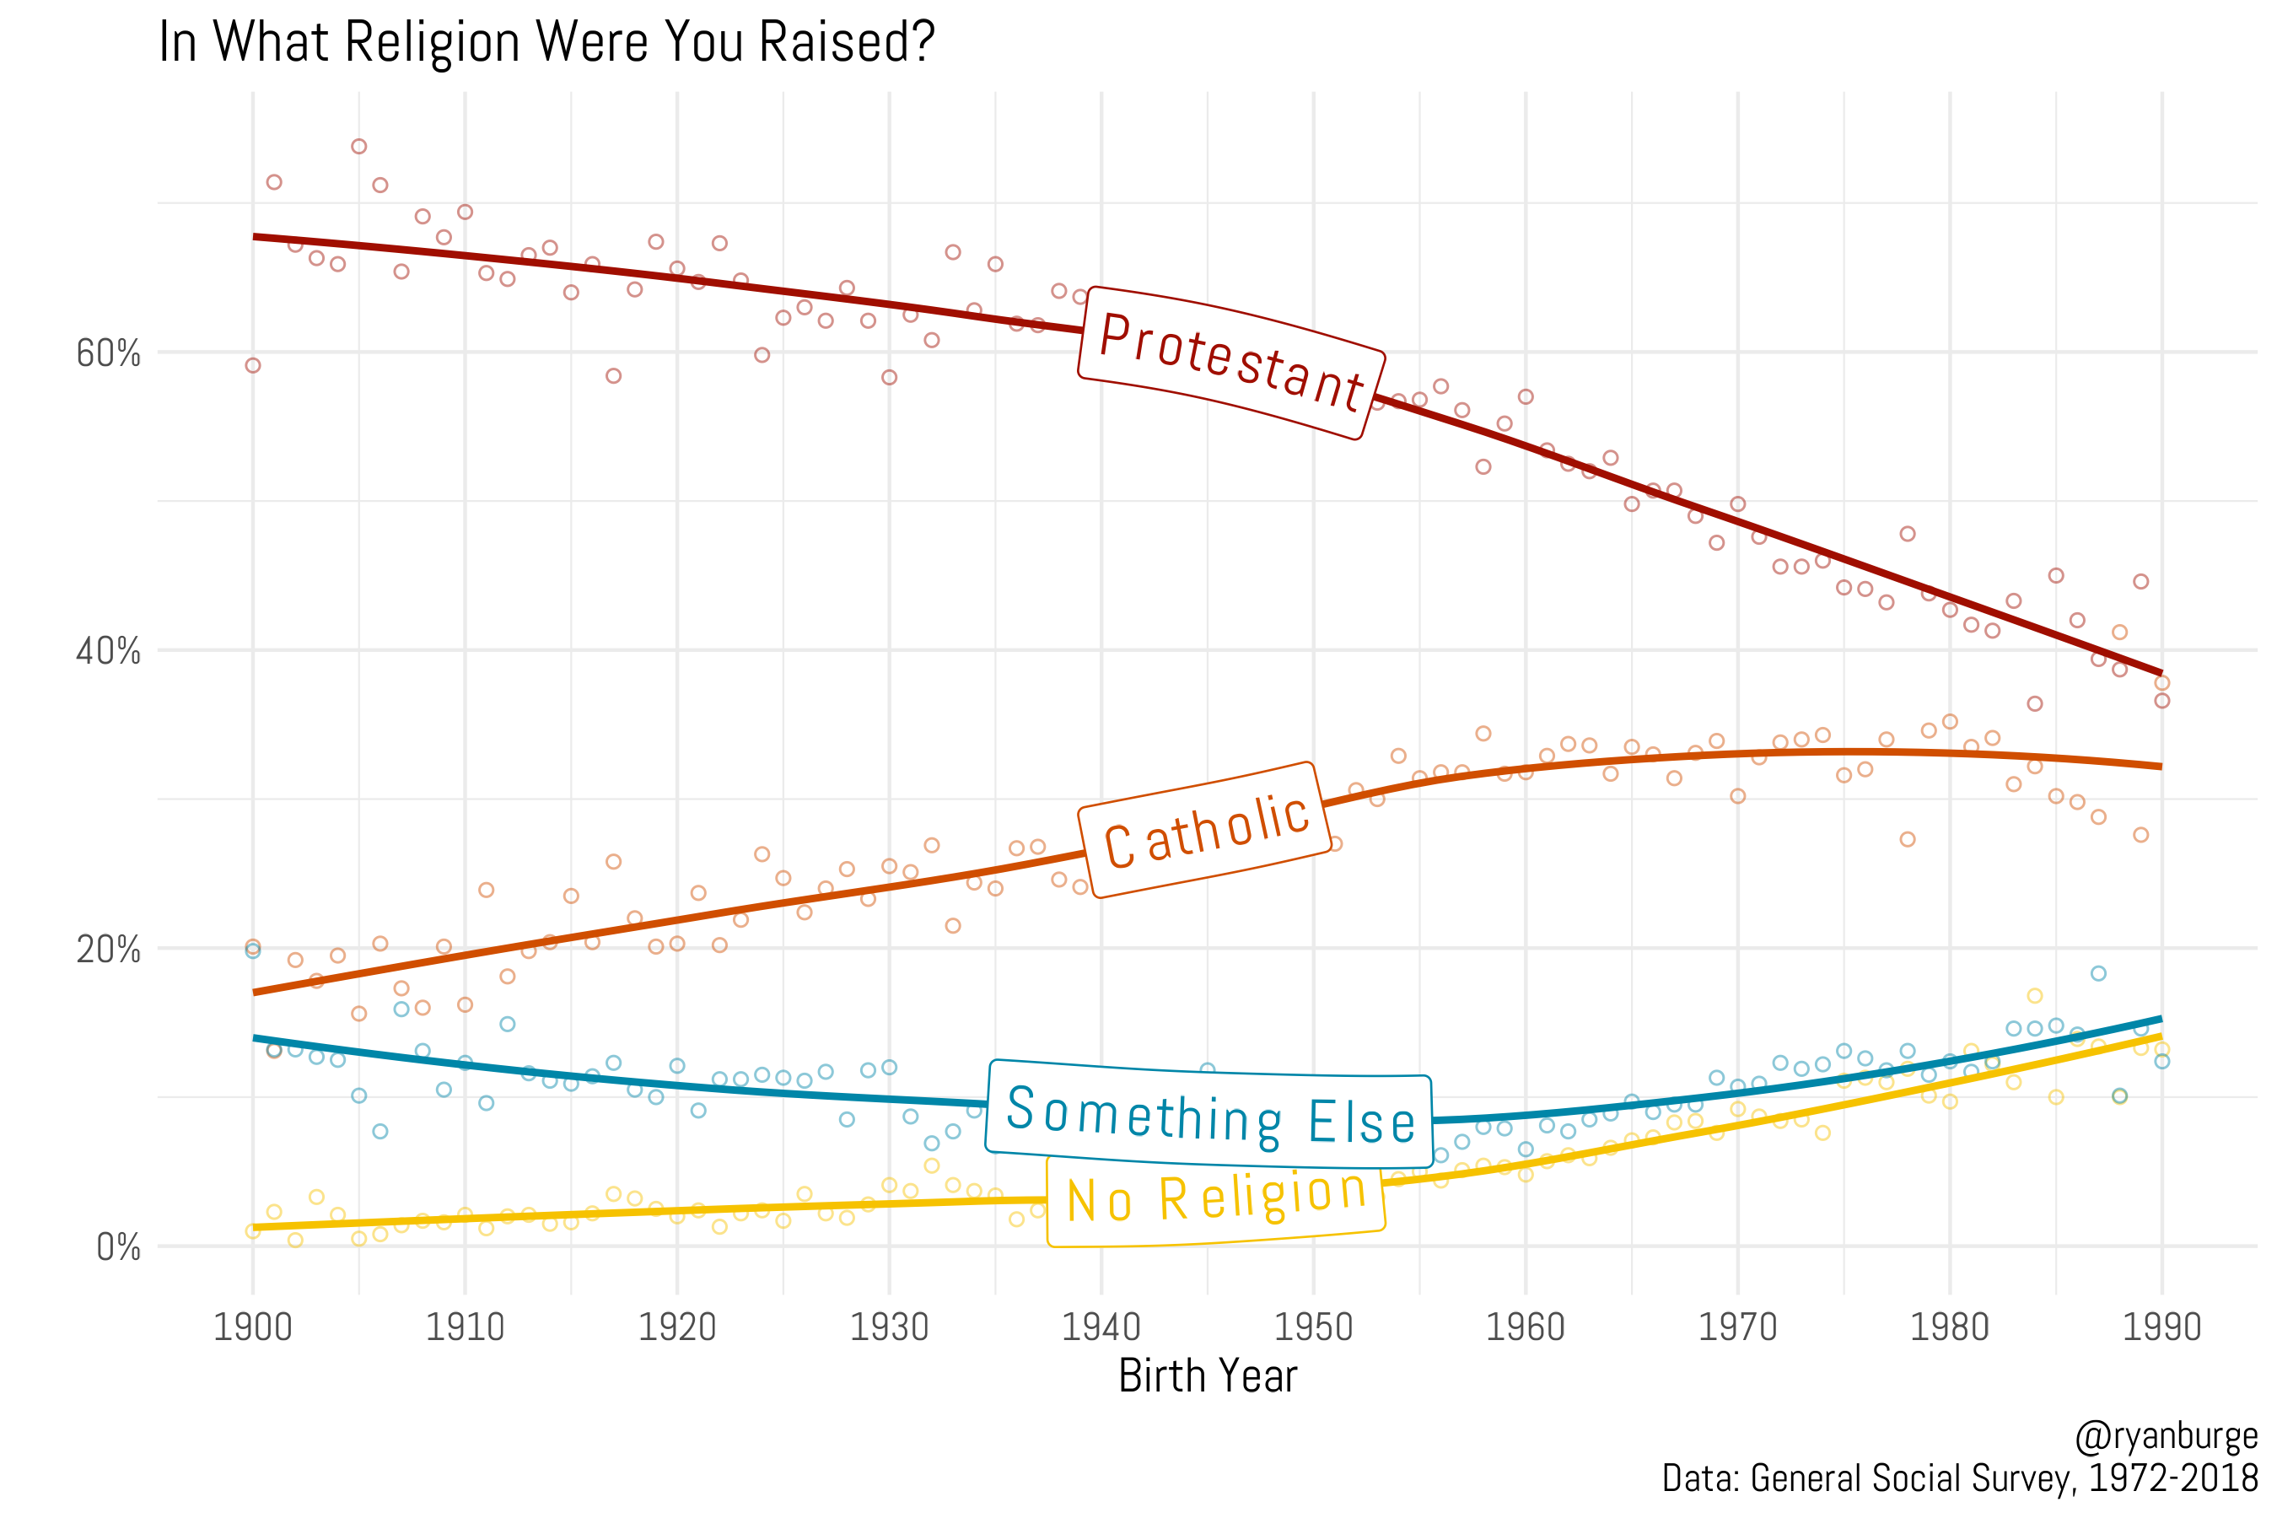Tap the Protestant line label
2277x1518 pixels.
click(x=1231, y=363)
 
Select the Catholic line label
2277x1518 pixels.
click(x=1206, y=830)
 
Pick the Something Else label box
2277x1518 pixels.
click(x=1209, y=1114)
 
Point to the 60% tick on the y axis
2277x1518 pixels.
click(x=109, y=354)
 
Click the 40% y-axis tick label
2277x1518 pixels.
click(x=109, y=652)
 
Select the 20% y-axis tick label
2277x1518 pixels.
click(x=109, y=950)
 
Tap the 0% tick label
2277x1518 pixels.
click(x=118, y=1248)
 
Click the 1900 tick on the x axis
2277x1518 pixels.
click(x=253, y=1327)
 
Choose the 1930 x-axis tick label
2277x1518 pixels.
click(x=889, y=1327)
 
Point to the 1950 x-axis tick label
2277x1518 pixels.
click(x=1313, y=1327)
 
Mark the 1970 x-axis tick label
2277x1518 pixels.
click(x=1738, y=1327)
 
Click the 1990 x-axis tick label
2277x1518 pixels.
click(x=2161, y=1327)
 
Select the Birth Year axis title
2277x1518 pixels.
click(x=1208, y=1375)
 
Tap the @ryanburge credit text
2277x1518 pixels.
click(x=2166, y=1435)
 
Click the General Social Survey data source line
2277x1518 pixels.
click(x=1959, y=1478)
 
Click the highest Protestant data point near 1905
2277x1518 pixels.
click(x=359, y=146)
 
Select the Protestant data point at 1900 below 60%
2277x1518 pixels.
click(x=253, y=365)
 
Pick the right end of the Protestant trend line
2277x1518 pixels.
click(x=2160, y=672)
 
